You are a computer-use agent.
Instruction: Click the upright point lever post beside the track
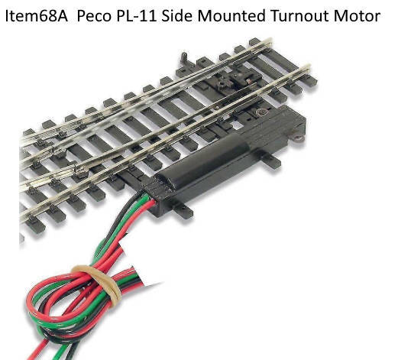(x=184, y=60)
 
